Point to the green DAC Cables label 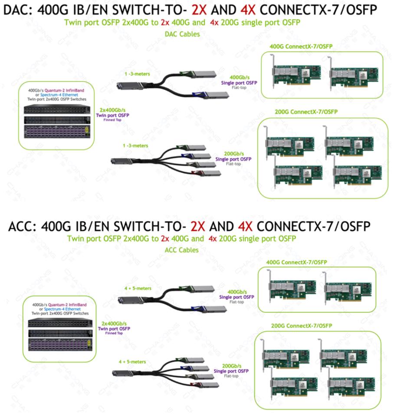tap(182, 34)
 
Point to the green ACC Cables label tap(182, 250)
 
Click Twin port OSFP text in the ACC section tap(115, 328)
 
